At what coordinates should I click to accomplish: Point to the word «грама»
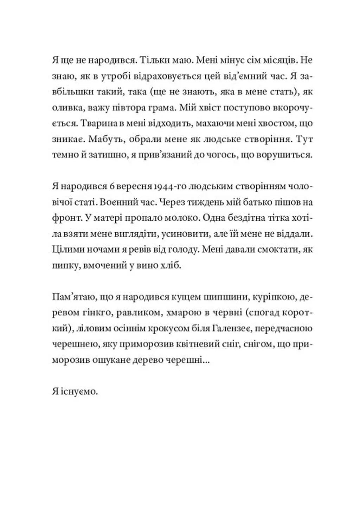(162, 108)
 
